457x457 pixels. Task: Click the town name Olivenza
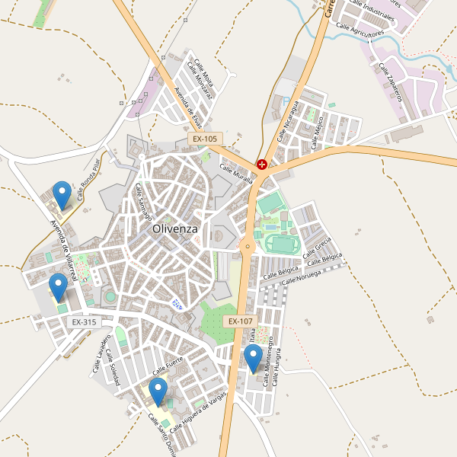(x=175, y=228)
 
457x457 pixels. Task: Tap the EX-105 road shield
(x=205, y=139)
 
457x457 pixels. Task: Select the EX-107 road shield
(x=239, y=321)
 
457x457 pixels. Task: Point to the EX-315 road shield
(x=84, y=322)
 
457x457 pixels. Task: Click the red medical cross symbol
(x=262, y=164)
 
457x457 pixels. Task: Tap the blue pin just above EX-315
(x=58, y=287)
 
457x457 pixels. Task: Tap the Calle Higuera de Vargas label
(x=199, y=411)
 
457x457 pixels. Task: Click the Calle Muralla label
(x=236, y=175)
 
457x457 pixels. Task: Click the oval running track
(x=281, y=244)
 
